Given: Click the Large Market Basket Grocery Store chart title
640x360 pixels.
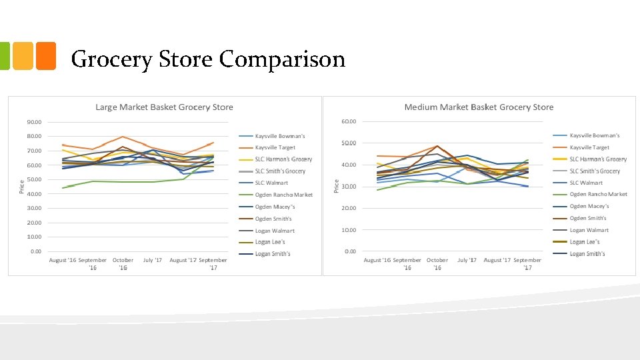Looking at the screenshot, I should tap(164, 107).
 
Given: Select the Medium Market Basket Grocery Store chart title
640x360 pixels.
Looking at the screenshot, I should tap(479, 107).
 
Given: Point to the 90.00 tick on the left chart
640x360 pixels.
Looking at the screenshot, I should tap(34, 122).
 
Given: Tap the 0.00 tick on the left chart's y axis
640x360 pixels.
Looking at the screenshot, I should tap(36, 251).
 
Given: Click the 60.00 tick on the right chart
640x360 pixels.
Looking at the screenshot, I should tap(349, 121).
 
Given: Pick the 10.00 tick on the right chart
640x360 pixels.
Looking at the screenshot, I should tap(349, 230).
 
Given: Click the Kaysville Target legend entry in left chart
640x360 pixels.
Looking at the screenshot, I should tap(275, 147).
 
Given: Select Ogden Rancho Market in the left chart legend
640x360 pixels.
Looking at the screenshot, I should tap(283, 195).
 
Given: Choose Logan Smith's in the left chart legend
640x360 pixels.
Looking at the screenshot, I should tap(273, 254).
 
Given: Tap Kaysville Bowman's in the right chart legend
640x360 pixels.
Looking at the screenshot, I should tap(595, 135).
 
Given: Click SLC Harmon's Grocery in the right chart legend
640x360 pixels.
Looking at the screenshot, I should tap(598, 159).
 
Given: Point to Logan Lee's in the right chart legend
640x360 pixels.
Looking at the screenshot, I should tap(585, 242).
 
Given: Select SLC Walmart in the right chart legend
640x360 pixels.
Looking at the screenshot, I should tap(586, 183).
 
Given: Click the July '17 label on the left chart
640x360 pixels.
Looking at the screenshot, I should tap(153, 260).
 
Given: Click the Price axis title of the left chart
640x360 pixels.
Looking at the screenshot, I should tap(21, 187).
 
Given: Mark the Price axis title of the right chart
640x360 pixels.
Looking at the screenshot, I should tap(336, 185).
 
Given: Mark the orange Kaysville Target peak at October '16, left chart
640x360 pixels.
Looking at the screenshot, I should tap(123, 137).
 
